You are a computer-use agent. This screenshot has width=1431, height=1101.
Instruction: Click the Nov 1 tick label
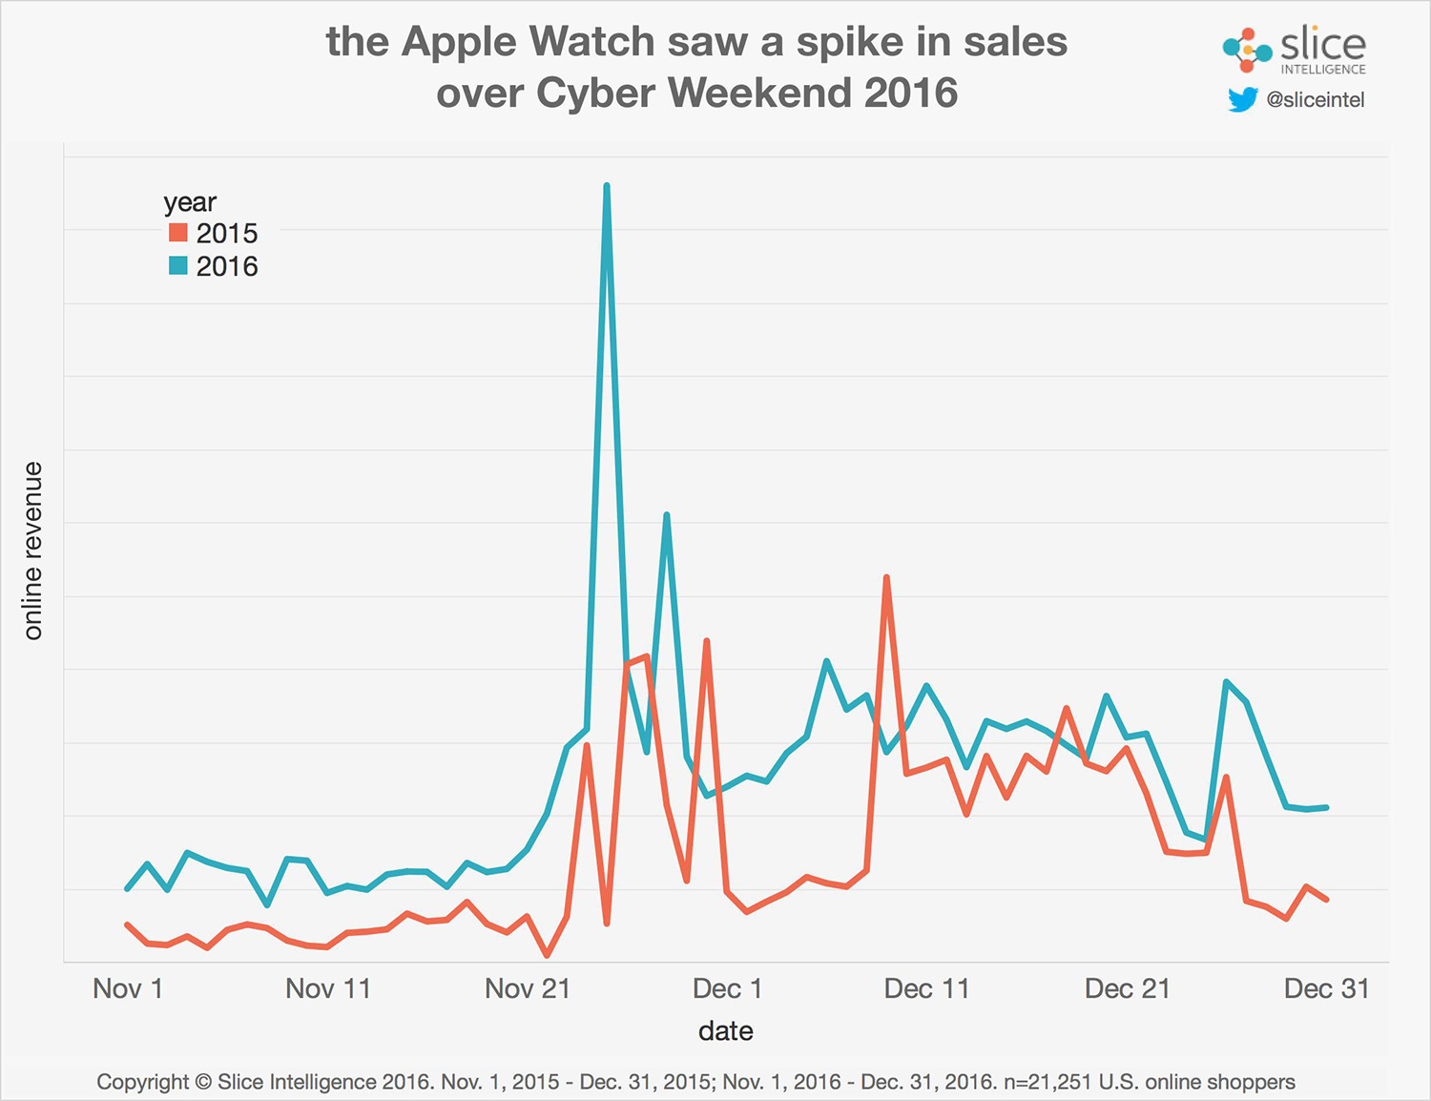(x=128, y=988)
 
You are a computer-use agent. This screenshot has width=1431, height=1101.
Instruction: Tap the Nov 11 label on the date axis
(x=327, y=988)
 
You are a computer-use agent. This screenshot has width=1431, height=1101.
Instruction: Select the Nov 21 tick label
(x=528, y=988)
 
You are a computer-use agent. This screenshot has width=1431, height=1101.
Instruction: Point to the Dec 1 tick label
(x=727, y=988)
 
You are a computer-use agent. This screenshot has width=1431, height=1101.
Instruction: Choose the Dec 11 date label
(x=926, y=988)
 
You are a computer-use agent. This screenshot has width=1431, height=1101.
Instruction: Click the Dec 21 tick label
(x=1127, y=988)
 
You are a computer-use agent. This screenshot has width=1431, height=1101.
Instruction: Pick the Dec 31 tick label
(x=1326, y=988)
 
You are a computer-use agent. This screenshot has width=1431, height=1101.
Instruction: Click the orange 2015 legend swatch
(x=178, y=233)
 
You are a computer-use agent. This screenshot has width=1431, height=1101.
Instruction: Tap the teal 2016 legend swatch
(x=178, y=266)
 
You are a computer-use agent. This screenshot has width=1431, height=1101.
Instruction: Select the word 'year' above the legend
(x=190, y=202)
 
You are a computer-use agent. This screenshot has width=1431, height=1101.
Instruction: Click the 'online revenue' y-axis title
(x=33, y=550)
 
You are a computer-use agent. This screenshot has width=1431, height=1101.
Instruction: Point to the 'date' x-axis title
(x=725, y=1031)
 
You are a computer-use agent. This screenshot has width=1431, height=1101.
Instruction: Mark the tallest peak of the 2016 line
(x=607, y=186)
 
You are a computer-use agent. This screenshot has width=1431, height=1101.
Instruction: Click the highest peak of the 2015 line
(x=886, y=578)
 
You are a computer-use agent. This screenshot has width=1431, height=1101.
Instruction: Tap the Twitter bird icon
(x=1242, y=99)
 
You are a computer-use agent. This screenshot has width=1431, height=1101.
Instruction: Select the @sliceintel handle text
(x=1315, y=100)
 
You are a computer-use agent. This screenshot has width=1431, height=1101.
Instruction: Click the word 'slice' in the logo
(x=1322, y=44)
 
